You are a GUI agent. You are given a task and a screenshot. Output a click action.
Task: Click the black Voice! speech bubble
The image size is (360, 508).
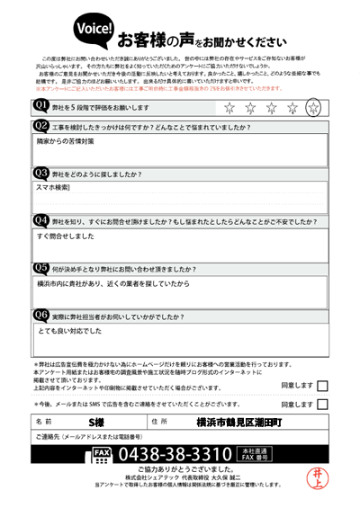click(94, 31)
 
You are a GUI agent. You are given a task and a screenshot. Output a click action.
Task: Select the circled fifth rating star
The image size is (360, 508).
click(313, 108)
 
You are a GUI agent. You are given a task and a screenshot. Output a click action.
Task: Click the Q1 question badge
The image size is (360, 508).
click(41, 106)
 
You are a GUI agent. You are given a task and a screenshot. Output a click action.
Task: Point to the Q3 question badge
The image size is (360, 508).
click(41, 173)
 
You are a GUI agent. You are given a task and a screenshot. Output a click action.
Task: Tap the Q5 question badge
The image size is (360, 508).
click(41, 267)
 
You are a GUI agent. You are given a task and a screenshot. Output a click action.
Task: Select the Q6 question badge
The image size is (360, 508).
click(41, 315)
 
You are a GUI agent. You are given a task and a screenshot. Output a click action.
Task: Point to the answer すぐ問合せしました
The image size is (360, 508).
click(66, 236)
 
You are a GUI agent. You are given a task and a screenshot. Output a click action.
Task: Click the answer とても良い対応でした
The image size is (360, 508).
click(69, 331)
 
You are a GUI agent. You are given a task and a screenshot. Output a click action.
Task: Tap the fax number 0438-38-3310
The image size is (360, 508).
click(175, 453)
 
